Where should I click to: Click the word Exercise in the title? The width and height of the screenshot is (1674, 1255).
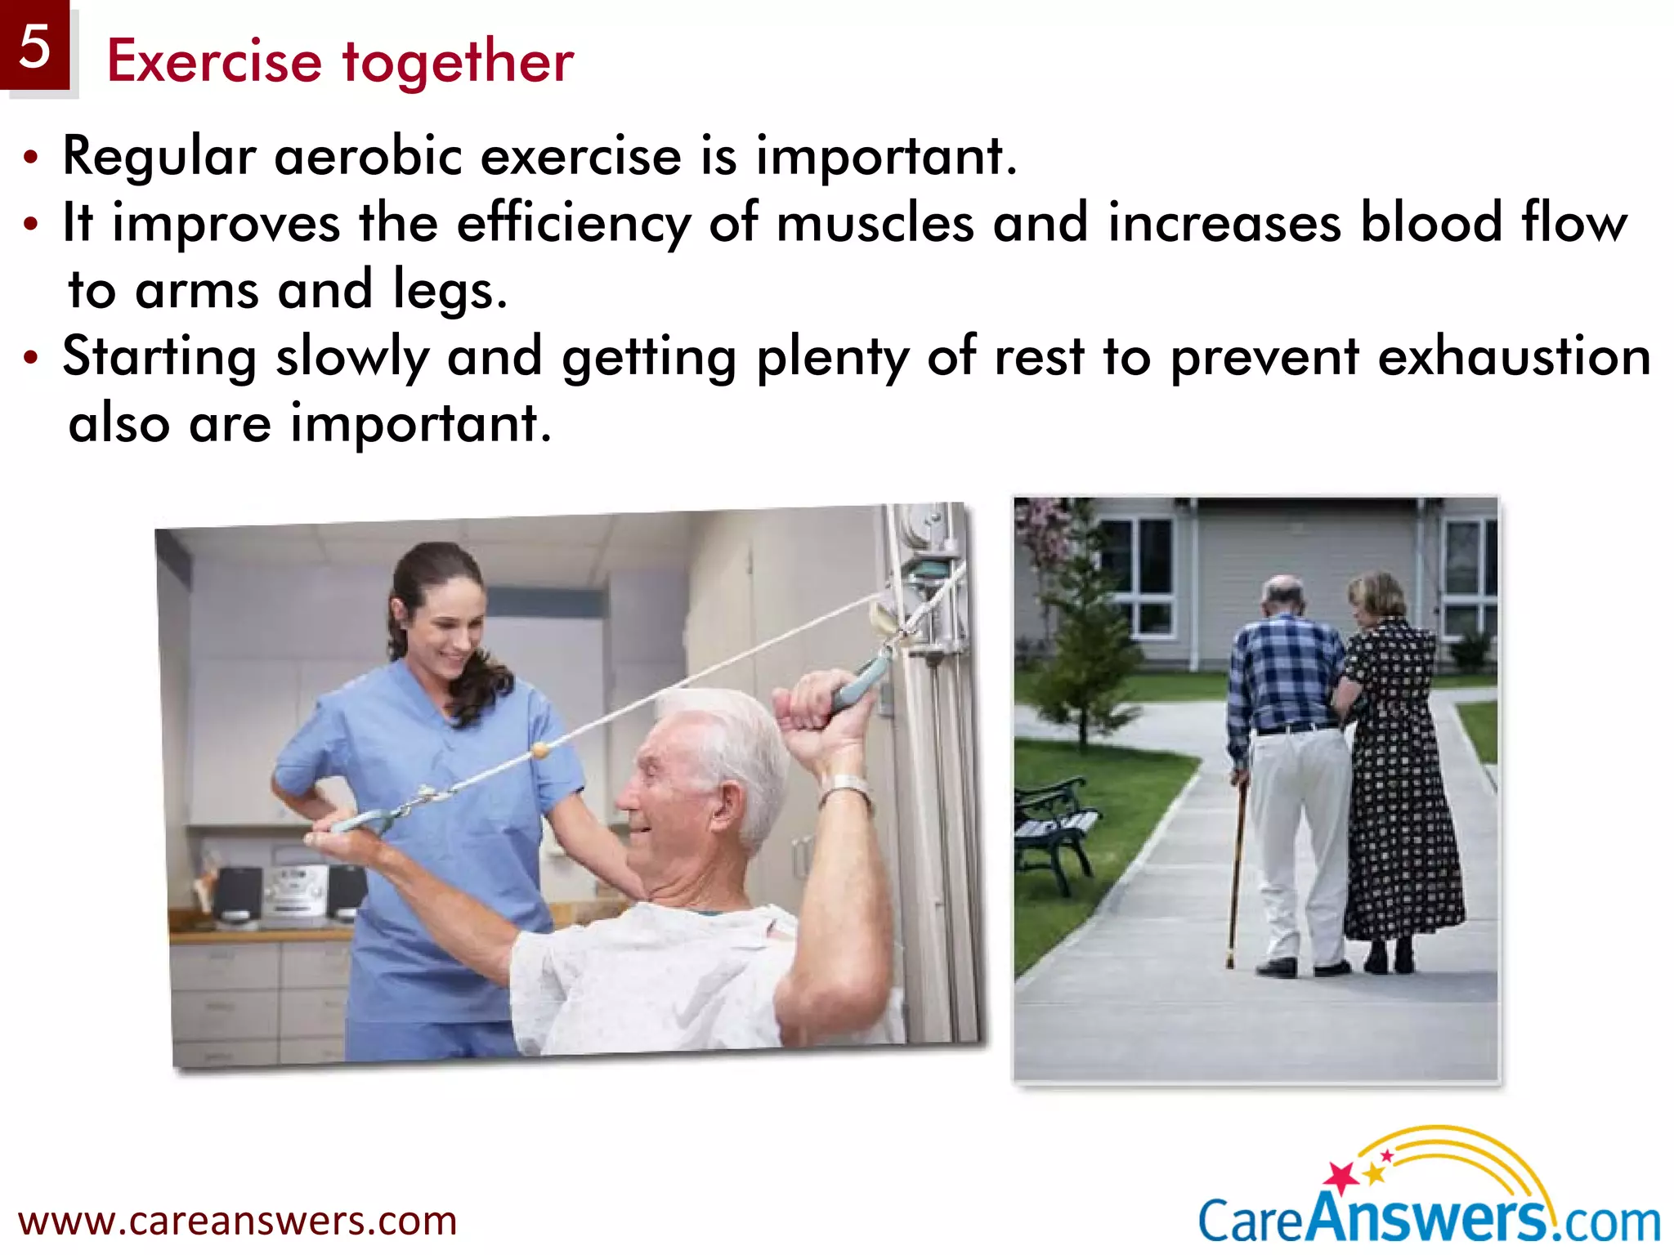coord(214,62)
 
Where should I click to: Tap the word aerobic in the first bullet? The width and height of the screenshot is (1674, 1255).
coord(369,155)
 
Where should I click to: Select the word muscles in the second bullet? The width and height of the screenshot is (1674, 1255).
coord(875,223)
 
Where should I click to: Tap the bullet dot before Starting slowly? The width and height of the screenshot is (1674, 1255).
coord(31,358)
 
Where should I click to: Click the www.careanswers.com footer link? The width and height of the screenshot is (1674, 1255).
coord(237,1222)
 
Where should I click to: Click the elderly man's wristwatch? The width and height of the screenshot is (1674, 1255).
coord(846,789)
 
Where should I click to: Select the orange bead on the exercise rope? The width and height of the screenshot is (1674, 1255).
coord(539,750)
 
